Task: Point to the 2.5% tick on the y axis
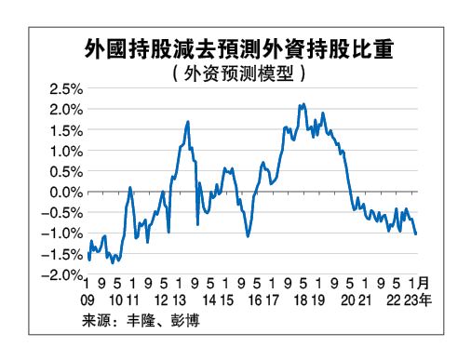pyautogui.click(x=66, y=90)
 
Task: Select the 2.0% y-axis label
pyautogui.click(x=66, y=111)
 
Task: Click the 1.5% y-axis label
pyautogui.click(x=66, y=131)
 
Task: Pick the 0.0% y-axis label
pyautogui.click(x=66, y=193)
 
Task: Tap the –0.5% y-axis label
pyautogui.click(x=63, y=213)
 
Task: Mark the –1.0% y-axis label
pyautogui.click(x=63, y=233)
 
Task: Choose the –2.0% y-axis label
pyautogui.click(x=63, y=274)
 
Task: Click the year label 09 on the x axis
pyautogui.click(x=89, y=300)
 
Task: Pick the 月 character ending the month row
pyautogui.click(x=424, y=283)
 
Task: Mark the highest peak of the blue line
pyautogui.click(x=303, y=104)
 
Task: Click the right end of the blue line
pyautogui.click(x=415, y=233)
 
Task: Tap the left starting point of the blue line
pyautogui.click(x=87, y=258)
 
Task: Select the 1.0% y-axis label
pyautogui.click(x=66, y=152)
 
